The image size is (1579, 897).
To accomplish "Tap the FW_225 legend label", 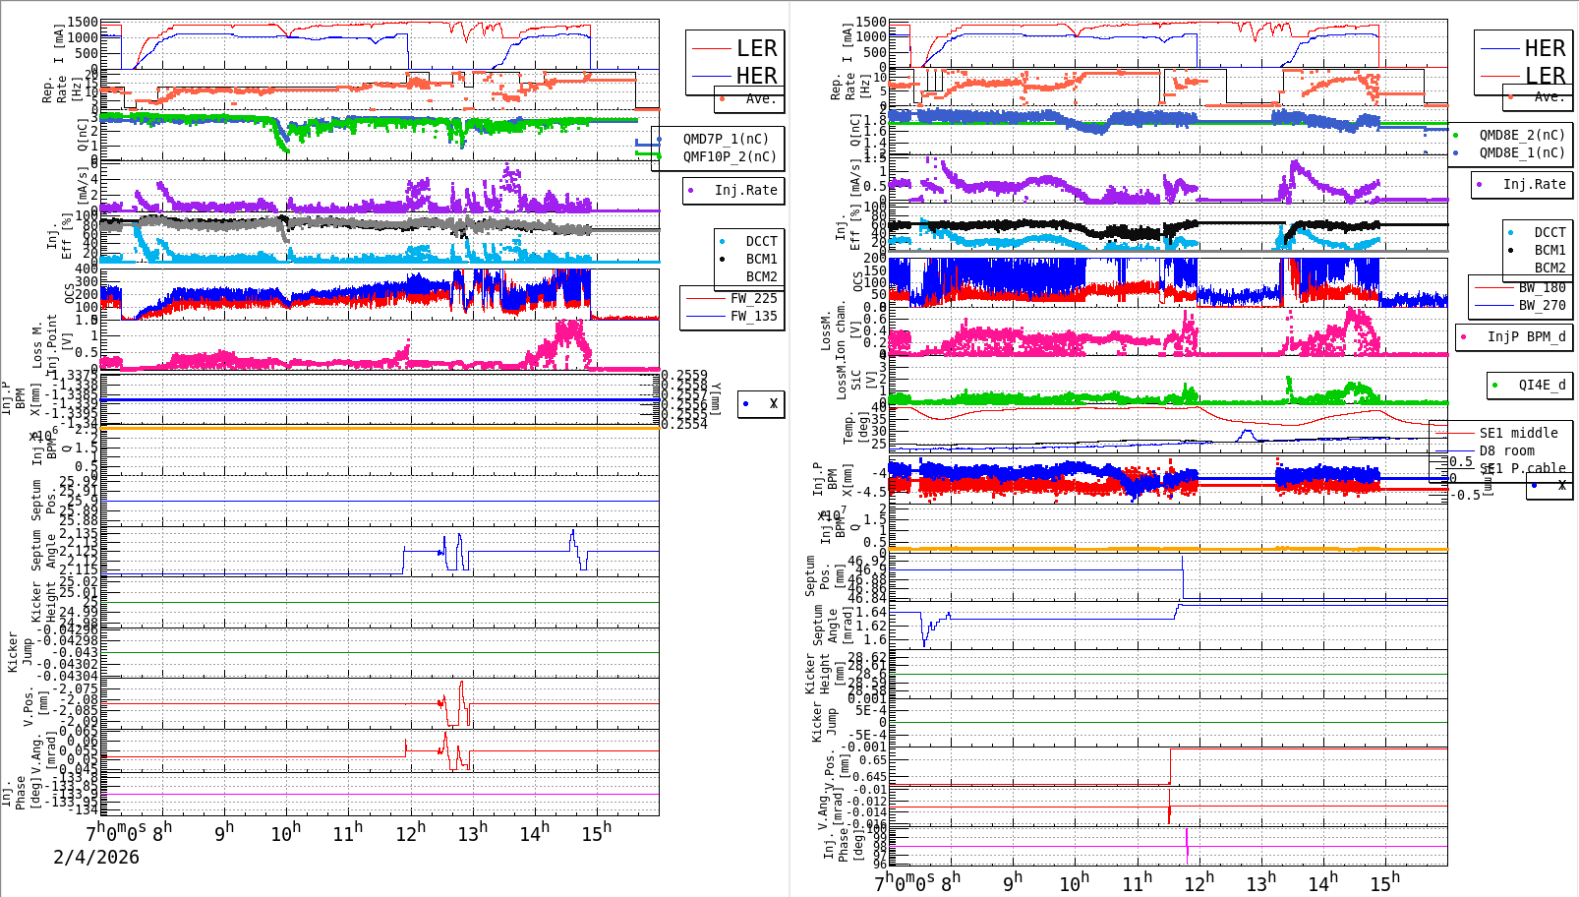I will click(753, 298).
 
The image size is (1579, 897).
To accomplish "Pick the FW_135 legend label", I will click(753, 316).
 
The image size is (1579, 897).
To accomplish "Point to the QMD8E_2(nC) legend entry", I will click(1521, 135).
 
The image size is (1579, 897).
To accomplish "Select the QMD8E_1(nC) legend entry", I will click(1521, 152).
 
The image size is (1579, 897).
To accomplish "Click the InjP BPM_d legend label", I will click(1526, 336).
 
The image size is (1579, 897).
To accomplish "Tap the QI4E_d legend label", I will click(1542, 385).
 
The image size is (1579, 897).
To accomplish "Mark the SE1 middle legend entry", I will click(1518, 433).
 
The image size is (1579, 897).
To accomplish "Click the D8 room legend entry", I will click(1506, 450).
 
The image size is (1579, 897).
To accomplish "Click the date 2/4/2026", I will click(96, 857).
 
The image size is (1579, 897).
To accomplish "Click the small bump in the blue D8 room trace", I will click(1247, 433).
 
